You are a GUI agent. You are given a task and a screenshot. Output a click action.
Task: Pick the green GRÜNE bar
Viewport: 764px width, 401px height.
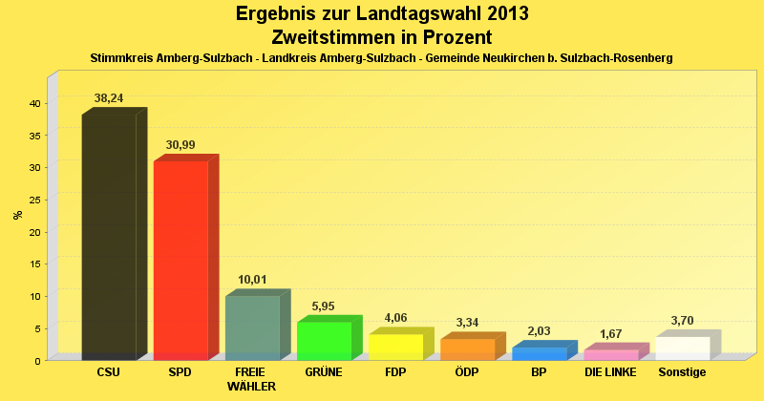(x=324, y=341)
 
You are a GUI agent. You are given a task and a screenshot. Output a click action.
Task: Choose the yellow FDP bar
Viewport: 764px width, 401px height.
(x=395, y=347)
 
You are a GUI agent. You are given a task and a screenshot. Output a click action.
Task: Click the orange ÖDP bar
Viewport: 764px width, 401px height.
(x=467, y=349)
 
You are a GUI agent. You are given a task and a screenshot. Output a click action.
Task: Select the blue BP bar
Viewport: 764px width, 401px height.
(x=539, y=353)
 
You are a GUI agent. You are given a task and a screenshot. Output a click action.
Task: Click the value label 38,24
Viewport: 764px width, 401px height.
(x=109, y=97)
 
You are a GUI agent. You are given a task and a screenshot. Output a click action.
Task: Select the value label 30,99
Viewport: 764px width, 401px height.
(x=180, y=145)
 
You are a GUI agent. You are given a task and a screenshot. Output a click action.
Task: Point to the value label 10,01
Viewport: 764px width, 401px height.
(x=252, y=280)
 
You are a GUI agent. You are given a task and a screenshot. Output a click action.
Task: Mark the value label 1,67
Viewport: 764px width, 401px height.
(x=611, y=334)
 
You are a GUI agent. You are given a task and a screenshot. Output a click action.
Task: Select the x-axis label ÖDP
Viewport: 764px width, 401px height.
(x=467, y=371)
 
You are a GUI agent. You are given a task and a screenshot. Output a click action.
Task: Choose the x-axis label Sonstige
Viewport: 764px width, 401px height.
(x=682, y=371)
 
